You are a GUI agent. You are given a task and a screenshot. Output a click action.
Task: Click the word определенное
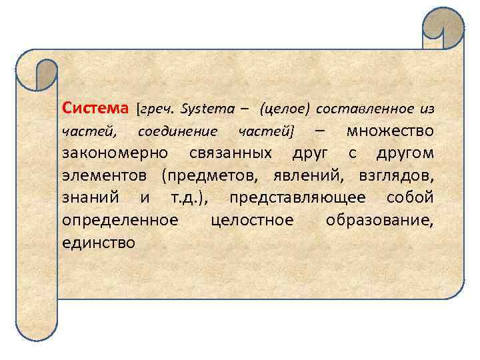coord(120,219)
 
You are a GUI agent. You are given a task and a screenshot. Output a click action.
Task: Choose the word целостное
coord(251,219)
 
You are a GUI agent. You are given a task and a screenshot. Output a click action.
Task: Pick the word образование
coord(379,219)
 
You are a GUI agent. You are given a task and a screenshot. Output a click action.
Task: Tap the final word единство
coord(98,241)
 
